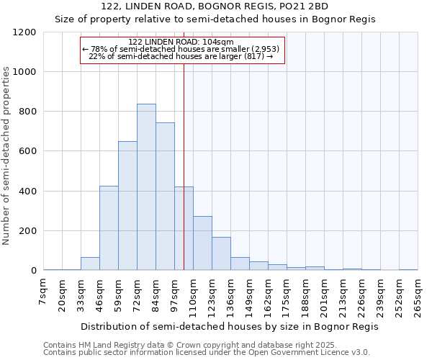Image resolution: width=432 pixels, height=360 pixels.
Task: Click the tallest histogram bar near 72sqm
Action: coord(146,187)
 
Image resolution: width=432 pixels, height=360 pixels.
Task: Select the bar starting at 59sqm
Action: coord(127,206)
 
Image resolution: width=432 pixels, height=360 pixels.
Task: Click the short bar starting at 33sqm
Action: coord(90,264)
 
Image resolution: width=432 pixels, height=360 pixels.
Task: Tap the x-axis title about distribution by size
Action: coord(229,326)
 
